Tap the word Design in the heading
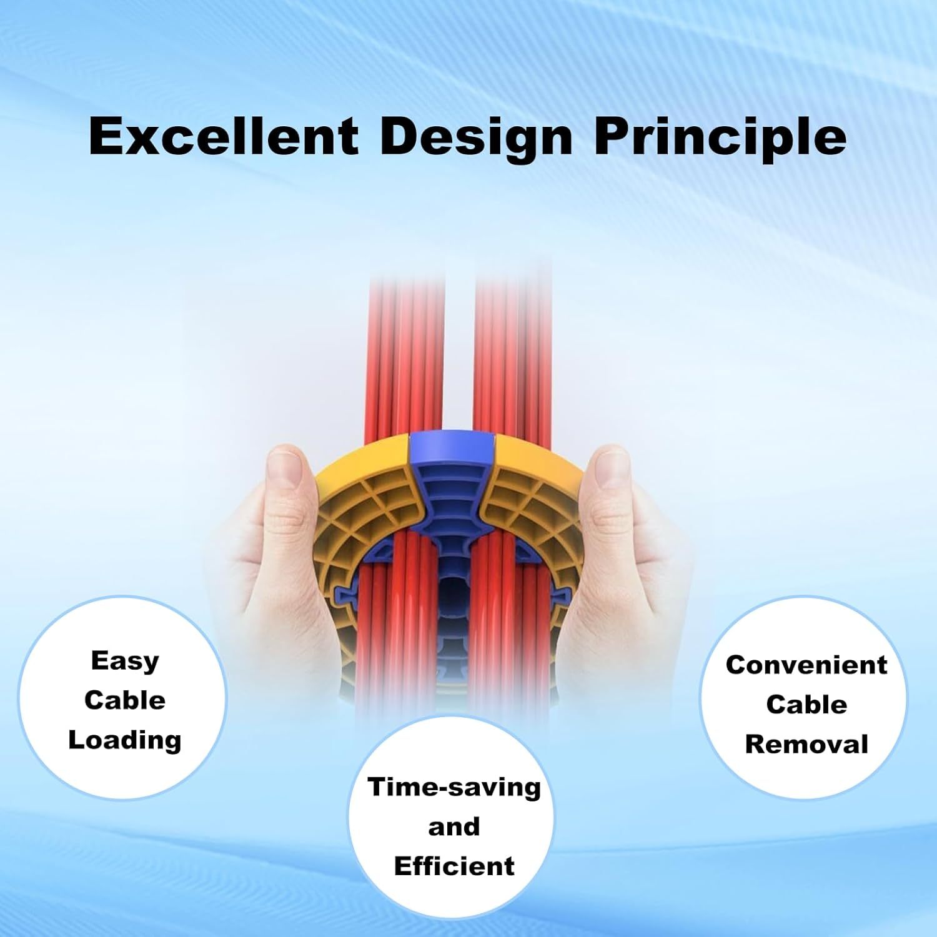[x=476, y=137]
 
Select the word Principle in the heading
[x=720, y=137]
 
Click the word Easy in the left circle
[x=125, y=661]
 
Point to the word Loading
[x=125, y=740]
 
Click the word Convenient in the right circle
[x=806, y=665]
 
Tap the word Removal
[x=806, y=744]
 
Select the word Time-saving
[x=454, y=786]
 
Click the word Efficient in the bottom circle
[x=454, y=866]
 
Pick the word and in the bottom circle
[x=454, y=826]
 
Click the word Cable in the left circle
[x=125, y=700]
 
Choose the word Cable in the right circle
[x=806, y=705]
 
